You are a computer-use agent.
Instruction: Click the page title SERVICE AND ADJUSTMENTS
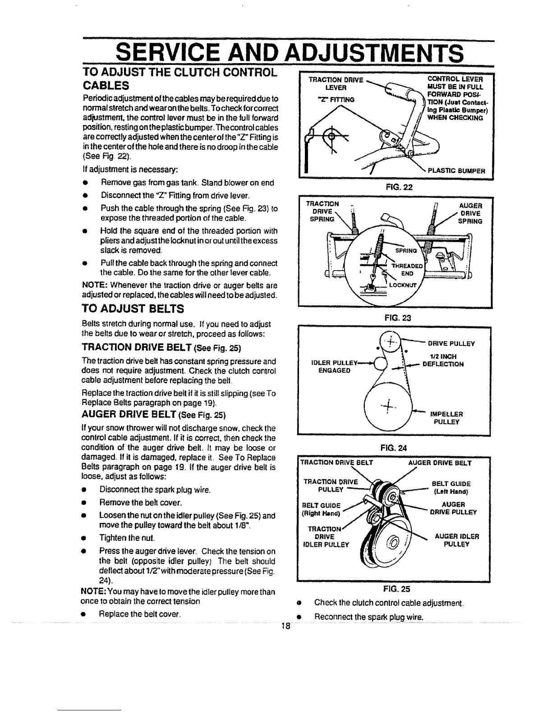[x=290, y=53]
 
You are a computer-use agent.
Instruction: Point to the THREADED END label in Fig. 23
[x=407, y=269]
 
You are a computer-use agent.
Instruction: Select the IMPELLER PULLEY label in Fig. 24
[x=446, y=418]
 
